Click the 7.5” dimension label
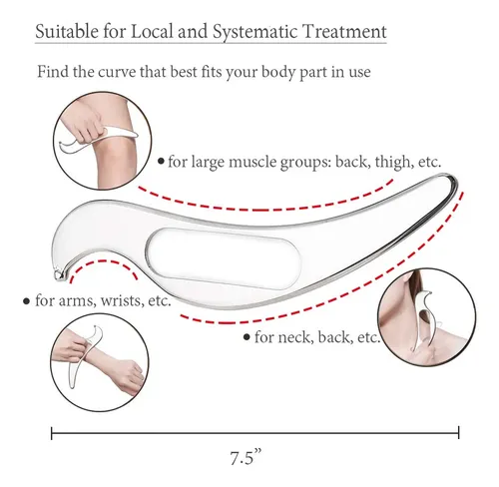point(246,457)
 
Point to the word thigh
point(393,162)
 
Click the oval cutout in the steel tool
point(223,257)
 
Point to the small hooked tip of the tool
point(60,274)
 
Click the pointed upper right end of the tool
point(452,179)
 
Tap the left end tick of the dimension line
point(52,433)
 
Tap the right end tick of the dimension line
point(459,433)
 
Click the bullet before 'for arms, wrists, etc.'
point(26,301)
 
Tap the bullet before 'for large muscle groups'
point(162,162)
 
